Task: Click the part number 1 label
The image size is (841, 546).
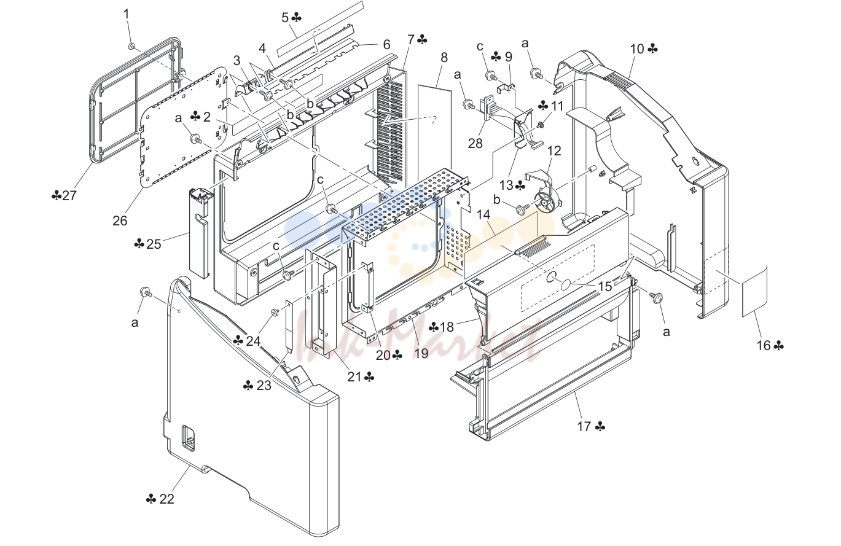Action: [x=126, y=14]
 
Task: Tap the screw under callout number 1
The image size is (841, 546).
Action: [x=132, y=46]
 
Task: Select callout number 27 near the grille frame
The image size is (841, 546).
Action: [x=69, y=195]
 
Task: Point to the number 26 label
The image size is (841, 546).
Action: [x=120, y=220]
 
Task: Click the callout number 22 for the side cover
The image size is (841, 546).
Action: [x=166, y=499]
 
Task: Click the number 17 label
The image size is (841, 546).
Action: [x=584, y=427]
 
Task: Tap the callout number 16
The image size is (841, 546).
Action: [x=763, y=345]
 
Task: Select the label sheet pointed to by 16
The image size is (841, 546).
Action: [x=754, y=291]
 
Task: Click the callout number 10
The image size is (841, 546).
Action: [x=637, y=49]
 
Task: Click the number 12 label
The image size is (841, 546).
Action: [x=554, y=150]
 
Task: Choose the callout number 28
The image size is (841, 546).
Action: [x=475, y=143]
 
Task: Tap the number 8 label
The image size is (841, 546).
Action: [x=444, y=57]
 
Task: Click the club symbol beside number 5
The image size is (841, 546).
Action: [x=297, y=17]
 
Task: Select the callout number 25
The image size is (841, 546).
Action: [x=154, y=244]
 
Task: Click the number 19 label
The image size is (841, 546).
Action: [x=421, y=353]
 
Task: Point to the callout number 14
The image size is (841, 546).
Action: [x=483, y=215]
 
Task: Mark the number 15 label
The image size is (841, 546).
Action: [x=605, y=286]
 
